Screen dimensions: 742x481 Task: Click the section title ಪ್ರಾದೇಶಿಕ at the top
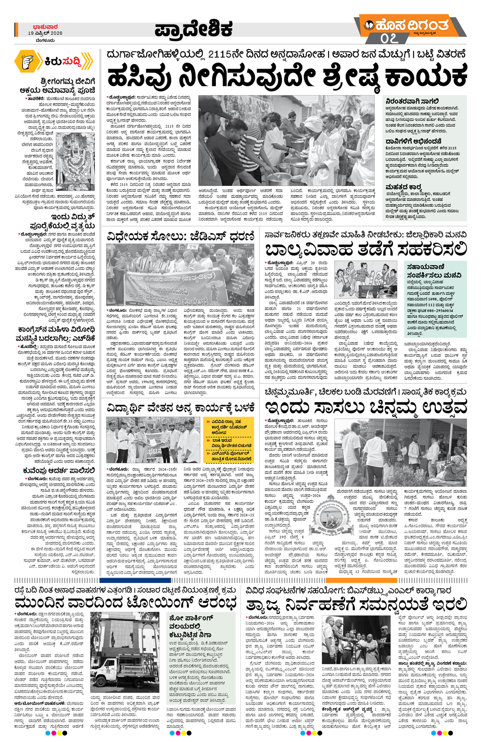coord(193,29)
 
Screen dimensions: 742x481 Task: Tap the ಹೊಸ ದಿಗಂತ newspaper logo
coord(412,25)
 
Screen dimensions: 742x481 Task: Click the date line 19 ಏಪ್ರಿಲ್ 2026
coord(45,34)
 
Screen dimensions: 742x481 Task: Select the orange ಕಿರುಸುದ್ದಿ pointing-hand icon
coord(27,61)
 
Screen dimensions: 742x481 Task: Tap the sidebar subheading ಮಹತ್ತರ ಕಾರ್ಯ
coord(404,186)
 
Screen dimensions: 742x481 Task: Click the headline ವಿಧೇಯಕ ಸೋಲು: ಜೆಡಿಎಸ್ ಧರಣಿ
coord(180,236)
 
